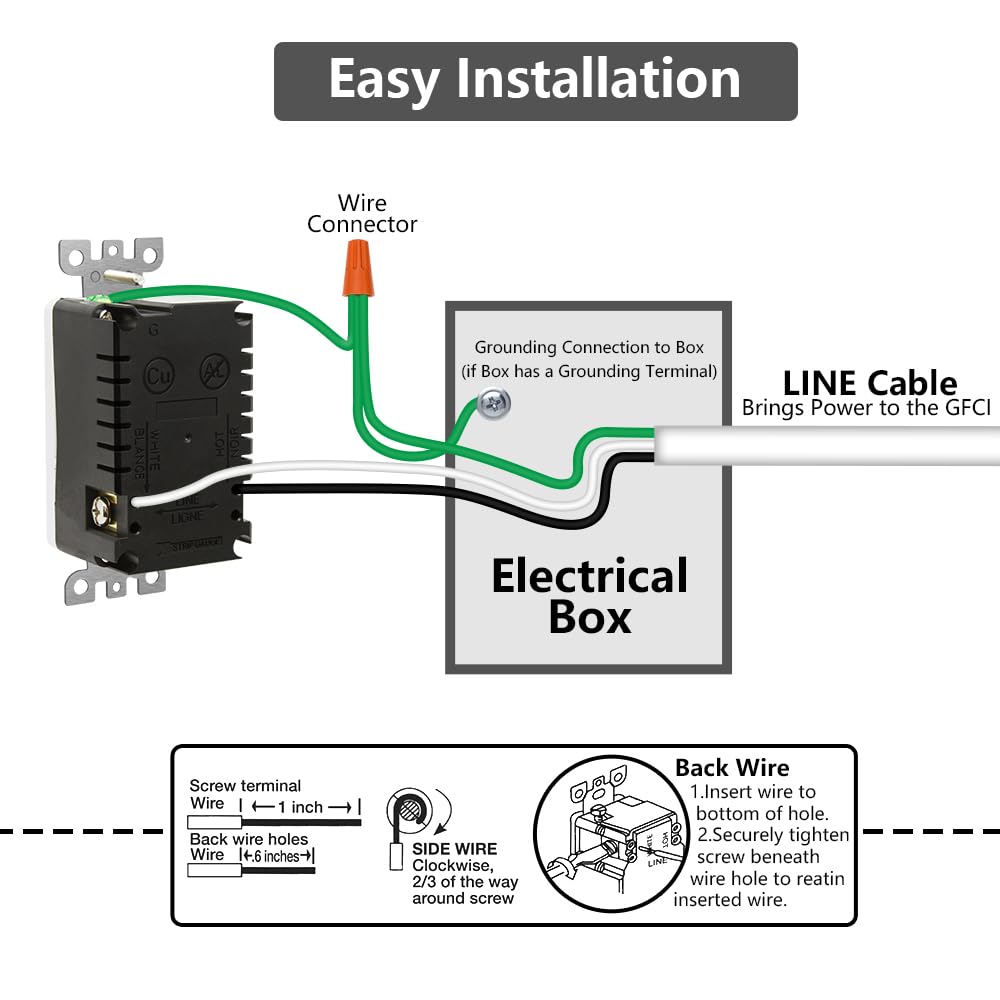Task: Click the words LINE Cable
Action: click(869, 383)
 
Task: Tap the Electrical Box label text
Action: click(590, 597)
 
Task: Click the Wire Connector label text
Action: click(361, 214)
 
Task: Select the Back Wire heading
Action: click(732, 768)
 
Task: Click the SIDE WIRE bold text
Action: click(455, 849)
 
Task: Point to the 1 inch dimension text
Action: click(300, 807)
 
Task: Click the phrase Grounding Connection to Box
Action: click(589, 348)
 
